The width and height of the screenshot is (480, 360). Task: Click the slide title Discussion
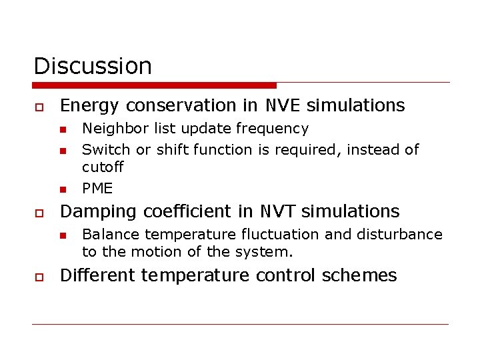pyautogui.click(x=93, y=66)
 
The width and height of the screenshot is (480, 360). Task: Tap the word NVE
pyautogui.click(x=283, y=105)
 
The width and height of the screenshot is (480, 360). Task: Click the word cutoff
pyautogui.click(x=103, y=167)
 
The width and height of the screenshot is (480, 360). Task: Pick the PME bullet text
pyautogui.click(x=97, y=188)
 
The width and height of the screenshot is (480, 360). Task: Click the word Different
pyautogui.click(x=97, y=275)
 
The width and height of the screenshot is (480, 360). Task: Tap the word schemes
pyautogui.click(x=366, y=275)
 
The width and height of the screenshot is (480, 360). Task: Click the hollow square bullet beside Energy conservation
pyautogui.click(x=39, y=107)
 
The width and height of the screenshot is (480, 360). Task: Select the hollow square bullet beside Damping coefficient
pyautogui.click(x=39, y=213)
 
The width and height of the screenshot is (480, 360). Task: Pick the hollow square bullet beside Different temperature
pyautogui.click(x=39, y=277)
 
